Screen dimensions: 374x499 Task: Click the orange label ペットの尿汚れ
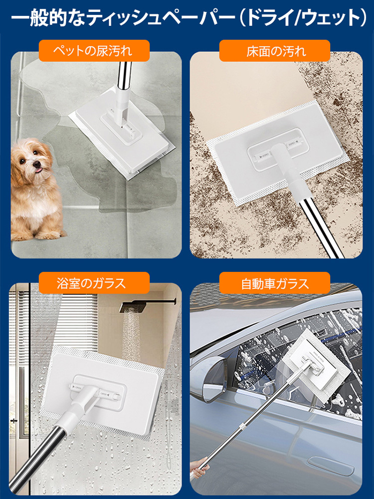coord(94,50)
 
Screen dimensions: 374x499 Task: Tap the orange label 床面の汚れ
coord(275,50)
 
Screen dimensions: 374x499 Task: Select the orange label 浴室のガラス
coord(94,283)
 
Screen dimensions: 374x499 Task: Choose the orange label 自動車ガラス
coord(275,283)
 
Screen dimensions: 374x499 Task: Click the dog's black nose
coord(37,164)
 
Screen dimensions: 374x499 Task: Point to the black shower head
coord(134,307)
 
